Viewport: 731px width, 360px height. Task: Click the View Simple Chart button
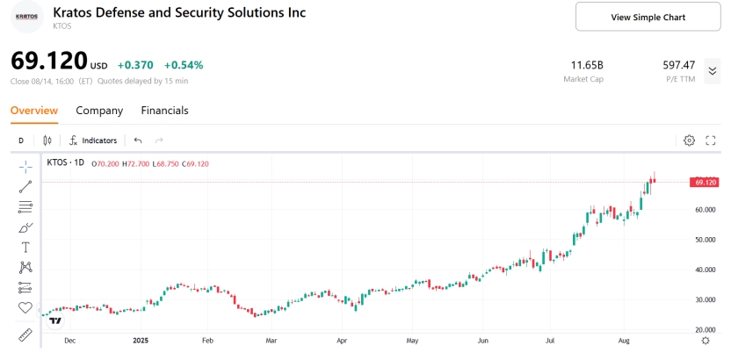coord(648,17)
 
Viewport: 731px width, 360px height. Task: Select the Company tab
coord(99,111)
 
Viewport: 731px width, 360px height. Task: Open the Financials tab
coord(164,111)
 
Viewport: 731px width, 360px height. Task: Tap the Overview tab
coord(34,111)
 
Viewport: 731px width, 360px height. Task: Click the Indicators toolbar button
coord(93,140)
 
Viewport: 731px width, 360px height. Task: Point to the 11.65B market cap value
coord(587,65)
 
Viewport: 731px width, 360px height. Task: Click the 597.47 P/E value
coord(679,65)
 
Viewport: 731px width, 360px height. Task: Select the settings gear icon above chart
coord(689,140)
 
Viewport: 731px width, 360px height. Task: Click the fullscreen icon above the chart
coord(711,140)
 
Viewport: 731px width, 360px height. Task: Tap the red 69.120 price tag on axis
coord(705,182)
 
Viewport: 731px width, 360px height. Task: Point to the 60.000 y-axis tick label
coord(706,210)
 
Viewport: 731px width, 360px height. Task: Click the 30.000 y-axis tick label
coord(706,300)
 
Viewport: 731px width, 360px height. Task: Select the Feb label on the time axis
coord(208,339)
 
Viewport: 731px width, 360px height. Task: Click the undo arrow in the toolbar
coord(138,140)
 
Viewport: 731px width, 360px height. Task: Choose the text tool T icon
coord(25,247)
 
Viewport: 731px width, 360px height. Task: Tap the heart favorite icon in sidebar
coord(25,307)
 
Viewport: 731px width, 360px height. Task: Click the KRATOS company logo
coord(26,17)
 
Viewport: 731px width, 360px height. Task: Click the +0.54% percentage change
coord(184,65)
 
